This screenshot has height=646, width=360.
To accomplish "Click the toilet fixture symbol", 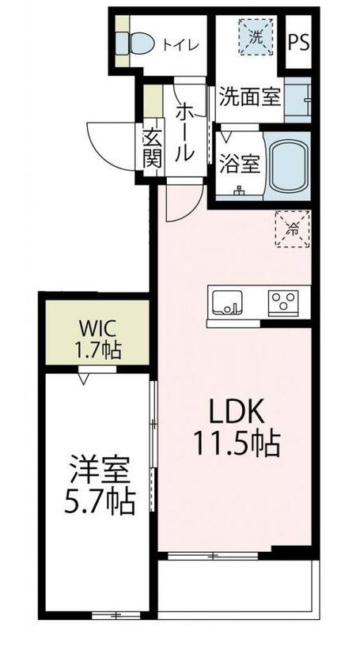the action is click(134, 42).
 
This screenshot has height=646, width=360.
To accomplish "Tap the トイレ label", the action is click(180, 44).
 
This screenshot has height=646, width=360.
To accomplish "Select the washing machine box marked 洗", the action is click(256, 37).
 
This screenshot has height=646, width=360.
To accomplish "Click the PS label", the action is click(298, 43).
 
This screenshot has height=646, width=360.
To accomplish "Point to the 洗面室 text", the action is click(249, 96).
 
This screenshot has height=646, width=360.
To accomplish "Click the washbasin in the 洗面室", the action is click(297, 100).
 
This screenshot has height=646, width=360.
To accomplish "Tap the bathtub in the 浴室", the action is click(290, 165).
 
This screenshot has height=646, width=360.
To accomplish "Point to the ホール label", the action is click(184, 133).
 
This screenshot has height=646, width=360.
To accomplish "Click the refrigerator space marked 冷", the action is click(293, 229).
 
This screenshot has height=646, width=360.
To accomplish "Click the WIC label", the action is click(98, 330).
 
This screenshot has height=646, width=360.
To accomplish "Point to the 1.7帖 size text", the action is click(97, 351).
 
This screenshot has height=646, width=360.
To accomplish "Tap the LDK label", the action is click(237, 413).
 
